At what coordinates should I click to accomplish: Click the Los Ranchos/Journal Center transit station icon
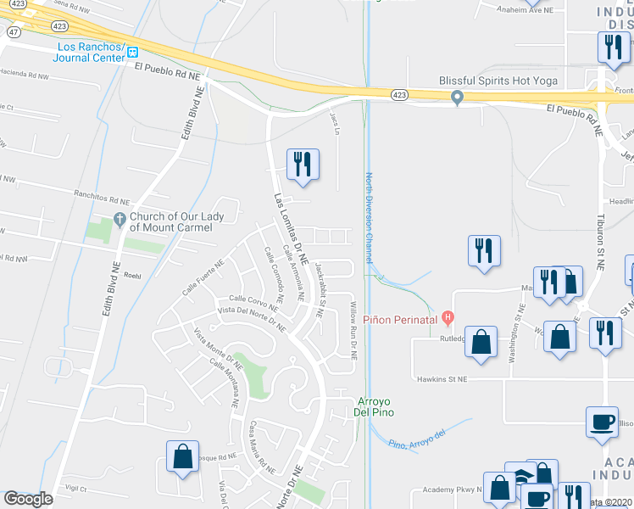click(x=133, y=53)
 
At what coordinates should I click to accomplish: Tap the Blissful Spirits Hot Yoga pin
click(x=458, y=98)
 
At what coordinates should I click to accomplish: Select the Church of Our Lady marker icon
click(x=119, y=221)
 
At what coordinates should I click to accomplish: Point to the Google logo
click(x=28, y=499)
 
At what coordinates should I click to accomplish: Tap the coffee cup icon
click(x=603, y=422)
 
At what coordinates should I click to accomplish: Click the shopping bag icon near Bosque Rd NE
click(x=182, y=456)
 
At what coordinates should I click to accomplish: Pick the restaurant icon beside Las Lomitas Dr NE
click(x=303, y=165)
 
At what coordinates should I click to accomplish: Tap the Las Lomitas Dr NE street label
click(x=289, y=227)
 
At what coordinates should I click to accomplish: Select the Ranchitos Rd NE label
click(x=101, y=194)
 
